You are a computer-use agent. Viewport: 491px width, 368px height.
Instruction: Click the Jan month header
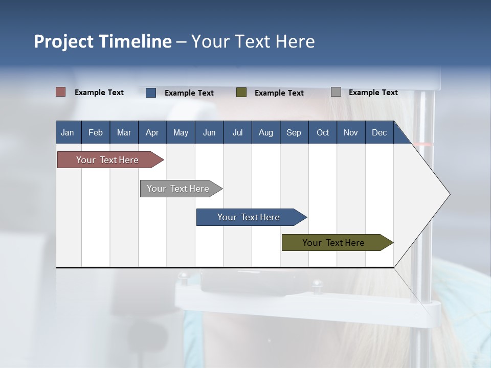point(68,132)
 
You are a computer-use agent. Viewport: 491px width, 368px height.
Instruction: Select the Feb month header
point(96,132)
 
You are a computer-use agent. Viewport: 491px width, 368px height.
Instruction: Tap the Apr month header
point(152,132)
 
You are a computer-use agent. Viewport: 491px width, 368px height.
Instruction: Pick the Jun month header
point(209,132)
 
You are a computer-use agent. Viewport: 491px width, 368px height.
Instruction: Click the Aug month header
point(266,132)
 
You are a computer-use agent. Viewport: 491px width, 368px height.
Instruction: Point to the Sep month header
point(294,132)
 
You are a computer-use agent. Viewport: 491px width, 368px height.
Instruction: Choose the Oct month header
point(323,132)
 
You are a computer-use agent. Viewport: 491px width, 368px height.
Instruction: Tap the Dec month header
point(380,132)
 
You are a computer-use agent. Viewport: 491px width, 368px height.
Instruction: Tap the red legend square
point(60,92)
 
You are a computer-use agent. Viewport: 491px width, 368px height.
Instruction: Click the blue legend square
point(151,93)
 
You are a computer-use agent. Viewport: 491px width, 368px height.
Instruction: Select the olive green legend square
point(241,93)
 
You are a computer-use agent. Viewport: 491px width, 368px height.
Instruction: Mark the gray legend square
point(336,92)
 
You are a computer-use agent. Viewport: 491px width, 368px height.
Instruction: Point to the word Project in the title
point(63,41)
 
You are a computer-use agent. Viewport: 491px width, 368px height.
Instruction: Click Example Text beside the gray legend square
point(373,93)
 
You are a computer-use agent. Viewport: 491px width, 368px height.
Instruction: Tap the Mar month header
point(124,132)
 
